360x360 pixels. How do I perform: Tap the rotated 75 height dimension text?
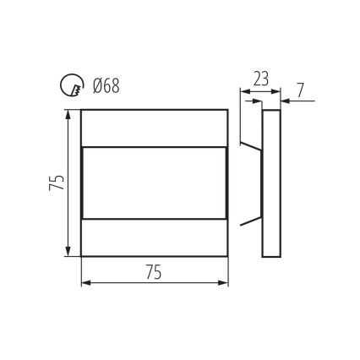click(x=54, y=183)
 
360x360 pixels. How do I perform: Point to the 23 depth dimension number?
click(x=259, y=79)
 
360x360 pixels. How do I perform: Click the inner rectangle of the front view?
click(x=155, y=183)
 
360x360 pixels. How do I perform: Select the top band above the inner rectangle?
click(x=155, y=128)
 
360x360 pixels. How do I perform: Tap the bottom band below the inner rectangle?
click(x=155, y=237)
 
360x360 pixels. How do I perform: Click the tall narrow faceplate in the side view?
click(x=272, y=183)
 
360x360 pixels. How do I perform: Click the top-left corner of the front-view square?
click(x=81, y=110)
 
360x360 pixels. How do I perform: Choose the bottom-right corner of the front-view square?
click(x=228, y=256)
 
